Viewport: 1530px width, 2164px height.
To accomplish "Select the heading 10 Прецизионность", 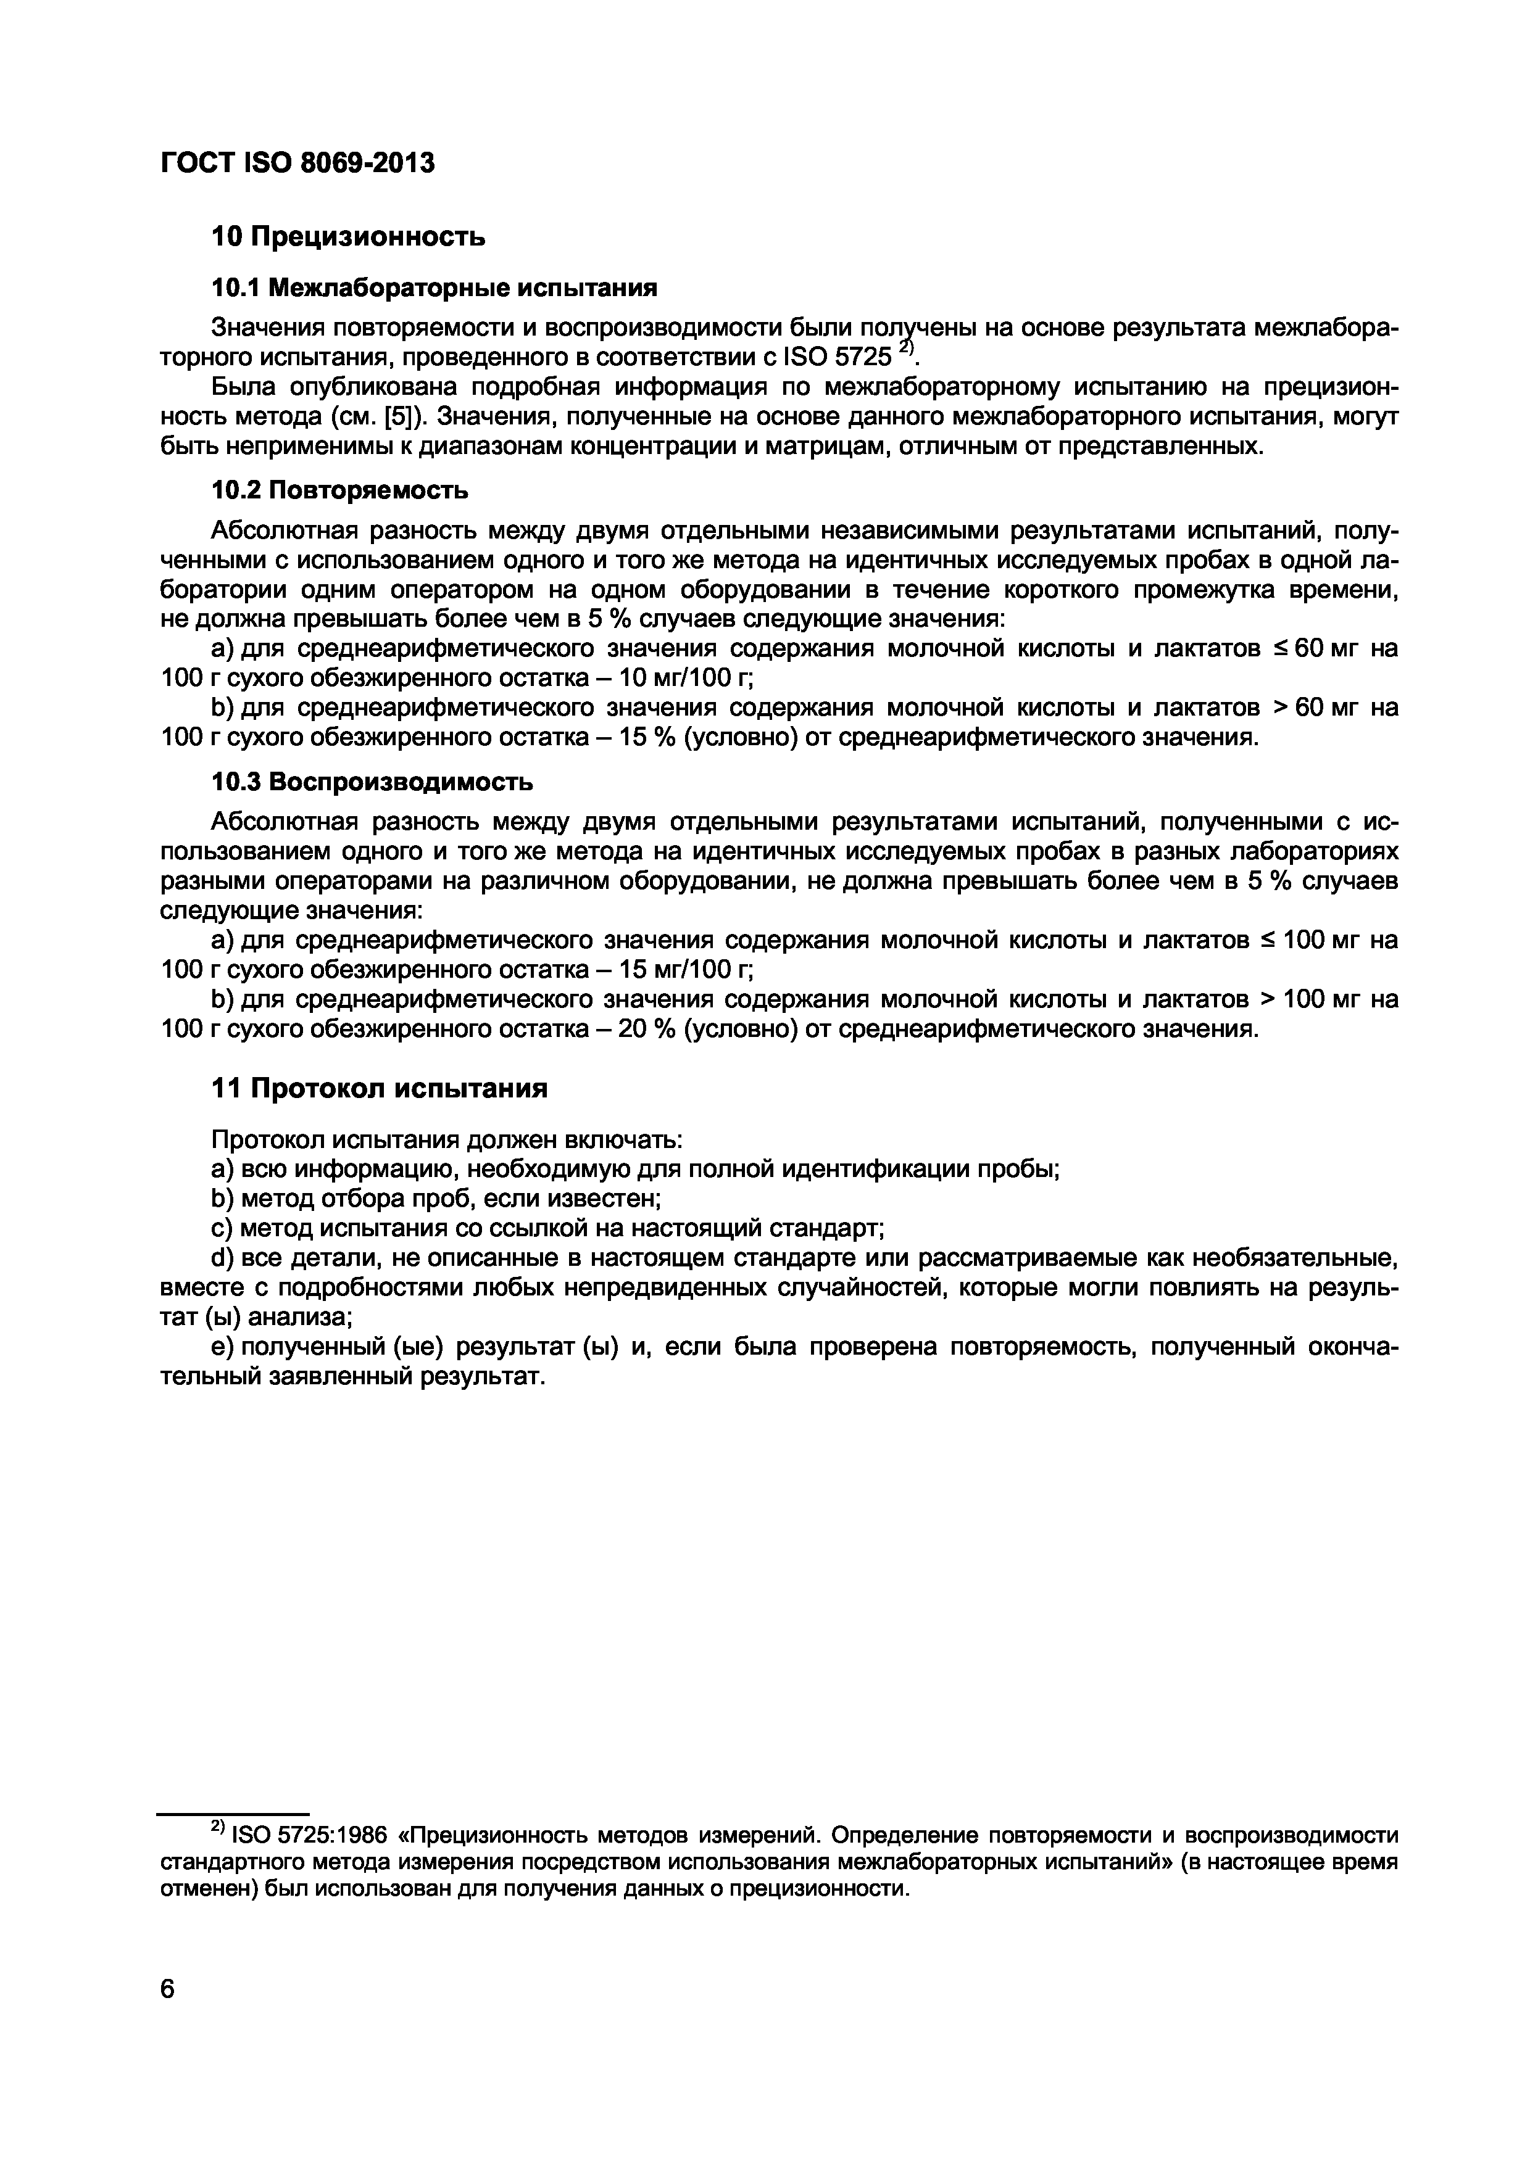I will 348,236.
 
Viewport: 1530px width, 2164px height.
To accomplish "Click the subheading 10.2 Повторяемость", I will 339,490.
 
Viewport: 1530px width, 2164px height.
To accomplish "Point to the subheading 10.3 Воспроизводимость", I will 372,782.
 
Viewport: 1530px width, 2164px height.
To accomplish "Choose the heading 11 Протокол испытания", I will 379,1089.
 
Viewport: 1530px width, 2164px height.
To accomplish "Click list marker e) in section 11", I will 222,1347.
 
